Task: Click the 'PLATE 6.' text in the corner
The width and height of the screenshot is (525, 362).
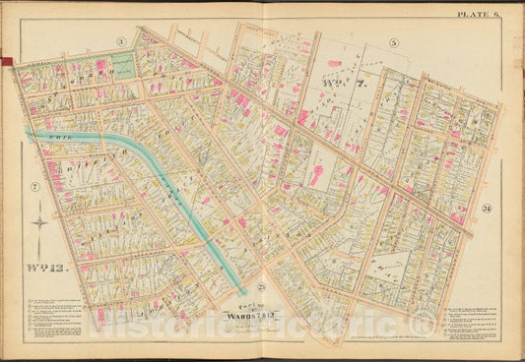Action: (x=478, y=13)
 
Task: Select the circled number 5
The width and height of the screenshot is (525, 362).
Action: (x=392, y=42)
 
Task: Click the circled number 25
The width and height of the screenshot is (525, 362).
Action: (x=260, y=286)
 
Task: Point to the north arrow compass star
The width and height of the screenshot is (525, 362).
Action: (x=38, y=223)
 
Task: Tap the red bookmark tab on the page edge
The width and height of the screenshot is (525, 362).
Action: (x=6, y=63)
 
